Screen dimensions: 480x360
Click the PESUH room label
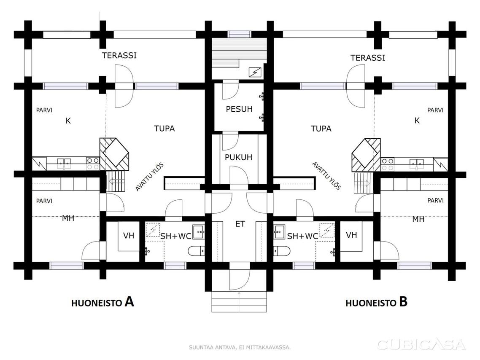pos(239,109)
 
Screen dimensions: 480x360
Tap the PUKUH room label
pos(238,157)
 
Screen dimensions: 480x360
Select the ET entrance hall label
pos(240,224)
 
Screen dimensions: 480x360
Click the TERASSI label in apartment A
pos(119,55)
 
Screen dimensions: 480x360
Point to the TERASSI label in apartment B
pos(368,58)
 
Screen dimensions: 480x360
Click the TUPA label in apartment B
pos(321,129)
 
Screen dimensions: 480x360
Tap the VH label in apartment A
pos(129,236)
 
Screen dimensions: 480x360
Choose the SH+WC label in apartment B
pos(302,236)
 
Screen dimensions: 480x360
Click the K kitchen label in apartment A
pos(68,121)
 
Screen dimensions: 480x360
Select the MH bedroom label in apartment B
pos(418,219)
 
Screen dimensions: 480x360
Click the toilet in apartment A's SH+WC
pos(196,251)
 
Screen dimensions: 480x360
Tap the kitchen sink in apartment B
pos(416,164)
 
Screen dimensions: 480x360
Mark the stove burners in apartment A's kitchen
pos(93,164)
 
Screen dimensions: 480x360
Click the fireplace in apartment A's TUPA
pos(114,154)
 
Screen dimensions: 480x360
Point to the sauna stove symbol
pos(255,73)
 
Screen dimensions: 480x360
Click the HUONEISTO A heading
pos(102,302)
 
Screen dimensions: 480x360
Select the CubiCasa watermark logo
pos(421,345)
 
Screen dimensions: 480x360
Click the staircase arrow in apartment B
pos(362,183)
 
